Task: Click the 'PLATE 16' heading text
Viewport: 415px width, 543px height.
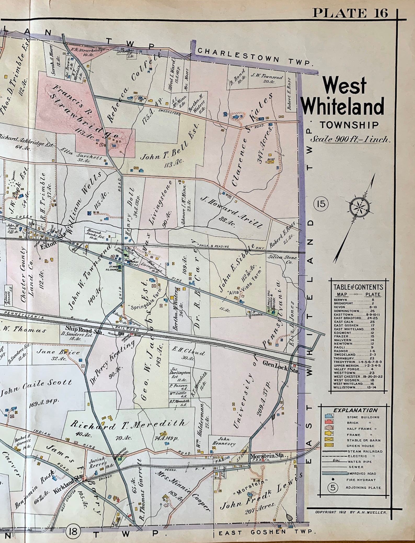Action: (x=350, y=13)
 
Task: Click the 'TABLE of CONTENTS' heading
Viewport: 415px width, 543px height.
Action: (x=358, y=287)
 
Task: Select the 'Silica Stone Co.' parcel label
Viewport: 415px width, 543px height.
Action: (x=282, y=260)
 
